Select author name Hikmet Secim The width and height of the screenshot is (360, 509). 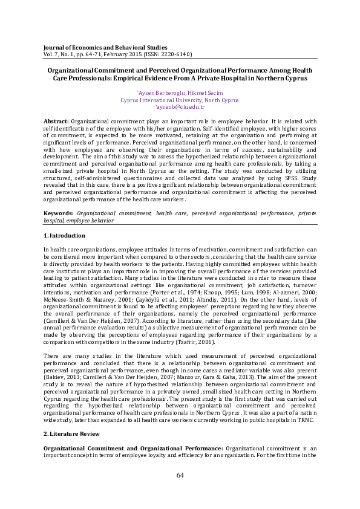click(204, 93)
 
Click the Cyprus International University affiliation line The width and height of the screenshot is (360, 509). click(180, 100)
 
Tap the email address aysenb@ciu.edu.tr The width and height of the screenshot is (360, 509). click(180, 106)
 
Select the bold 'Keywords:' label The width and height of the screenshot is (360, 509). click(58, 213)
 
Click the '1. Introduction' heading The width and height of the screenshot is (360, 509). click(65, 235)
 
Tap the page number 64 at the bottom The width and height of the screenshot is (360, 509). click(180, 492)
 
